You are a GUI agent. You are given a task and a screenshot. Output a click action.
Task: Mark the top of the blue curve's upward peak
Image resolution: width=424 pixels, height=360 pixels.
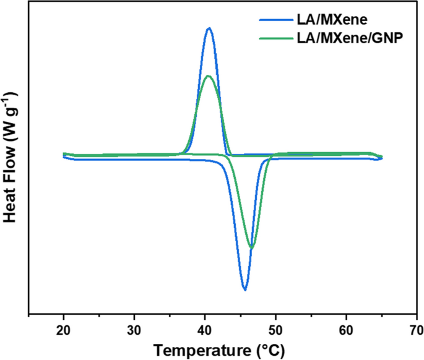(x=209, y=28)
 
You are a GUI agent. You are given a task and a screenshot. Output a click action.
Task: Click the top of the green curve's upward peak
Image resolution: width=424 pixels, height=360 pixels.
(x=209, y=76)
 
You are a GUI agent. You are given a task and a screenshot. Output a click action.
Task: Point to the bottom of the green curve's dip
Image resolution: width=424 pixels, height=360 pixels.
(x=251, y=247)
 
